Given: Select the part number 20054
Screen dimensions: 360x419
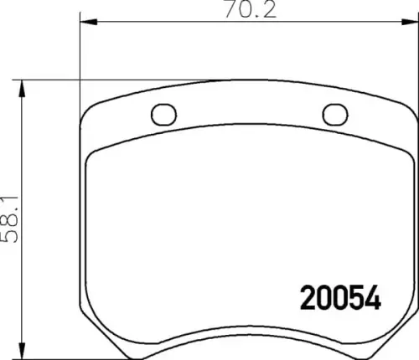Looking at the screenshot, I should click(x=339, y=298).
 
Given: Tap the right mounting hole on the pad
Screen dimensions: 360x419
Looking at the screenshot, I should click(x=334, y=114).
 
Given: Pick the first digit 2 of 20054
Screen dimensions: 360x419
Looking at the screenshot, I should click(x=306, y=298).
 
